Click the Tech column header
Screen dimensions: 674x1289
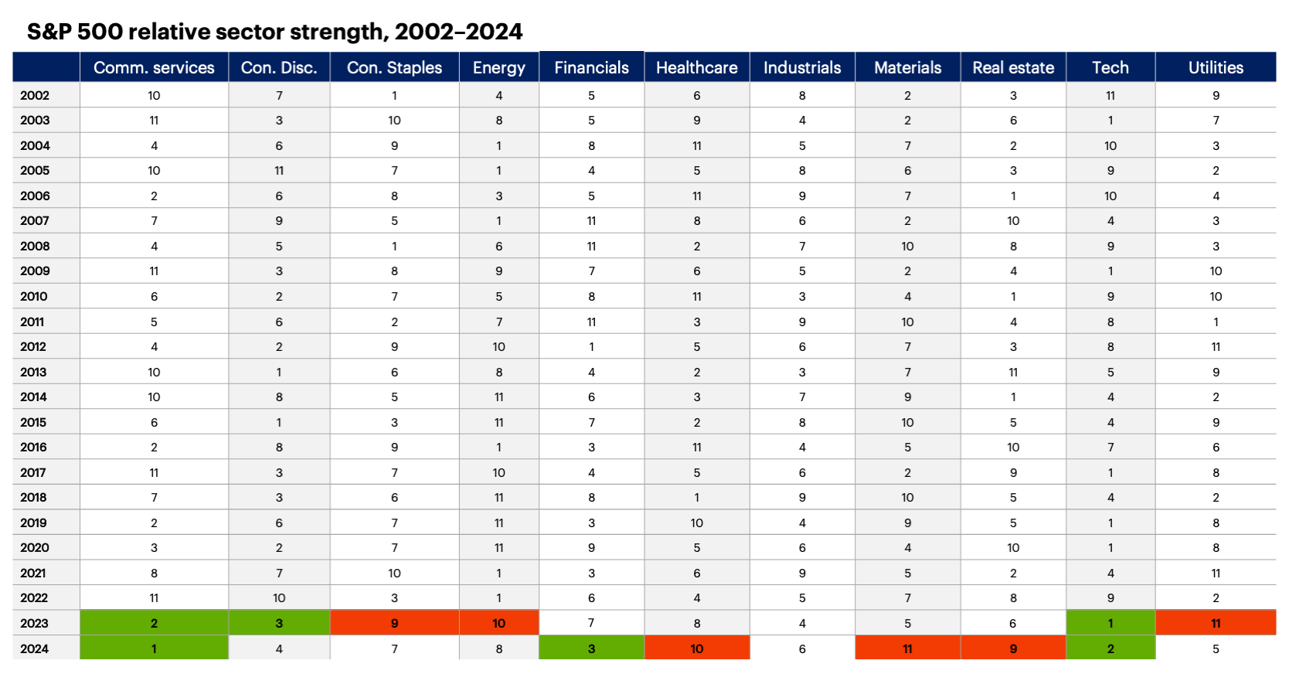tap(1110, 67)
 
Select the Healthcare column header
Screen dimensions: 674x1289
tap(696, 67)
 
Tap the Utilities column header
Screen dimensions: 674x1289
tap(1215, 67)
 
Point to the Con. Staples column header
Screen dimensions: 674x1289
tap(394, 67)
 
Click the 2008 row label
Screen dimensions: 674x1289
tap(35, 246)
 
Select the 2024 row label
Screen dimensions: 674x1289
tap(34, 648)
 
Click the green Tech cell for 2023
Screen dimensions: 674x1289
tap(1110, 623)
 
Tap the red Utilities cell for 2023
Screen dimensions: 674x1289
tap(1215, 623)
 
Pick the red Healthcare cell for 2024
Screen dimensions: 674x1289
tap(696, 648)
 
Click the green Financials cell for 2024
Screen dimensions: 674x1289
tap(591, 648)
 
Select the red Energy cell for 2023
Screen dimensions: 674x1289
tap(498, 623)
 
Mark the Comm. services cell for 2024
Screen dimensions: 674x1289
tap(154, 648)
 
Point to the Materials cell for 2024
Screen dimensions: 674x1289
tap(907, 648)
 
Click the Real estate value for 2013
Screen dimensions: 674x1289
tap(1012, 372)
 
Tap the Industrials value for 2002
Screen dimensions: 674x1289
tap(802, 95)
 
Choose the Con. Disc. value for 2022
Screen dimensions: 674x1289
tap(279, 597)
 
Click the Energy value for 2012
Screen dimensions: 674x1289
tap(498, 346)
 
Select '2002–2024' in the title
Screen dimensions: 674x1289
tap(458, 32)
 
